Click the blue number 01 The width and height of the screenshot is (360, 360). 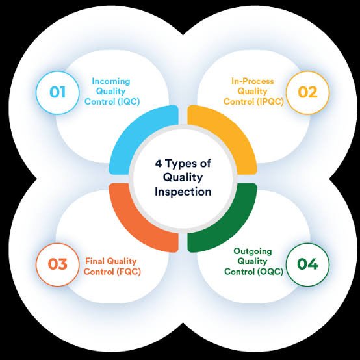tap(57, 92)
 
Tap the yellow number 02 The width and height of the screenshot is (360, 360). tap(307, 92)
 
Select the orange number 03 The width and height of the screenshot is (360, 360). tap(58, 264)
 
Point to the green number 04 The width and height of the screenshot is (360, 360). tap(307, 264)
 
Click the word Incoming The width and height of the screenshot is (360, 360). tap(111, 81)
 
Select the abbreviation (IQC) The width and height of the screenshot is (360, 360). tap(129, 101)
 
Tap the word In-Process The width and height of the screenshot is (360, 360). tap(253, 81)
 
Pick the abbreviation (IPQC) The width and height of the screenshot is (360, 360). tap(270, 101)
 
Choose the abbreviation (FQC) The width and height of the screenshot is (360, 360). tap(129, 272)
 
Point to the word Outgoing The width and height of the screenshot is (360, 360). tap(253, 251)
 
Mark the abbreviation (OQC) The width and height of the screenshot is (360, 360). tap(270, 272)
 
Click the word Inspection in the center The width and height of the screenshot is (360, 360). tap(183, 192)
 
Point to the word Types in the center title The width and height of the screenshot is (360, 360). tap(180, 164)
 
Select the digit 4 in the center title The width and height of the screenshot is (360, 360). tap(159, 164)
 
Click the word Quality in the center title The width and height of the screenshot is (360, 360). tap(183, 178)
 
